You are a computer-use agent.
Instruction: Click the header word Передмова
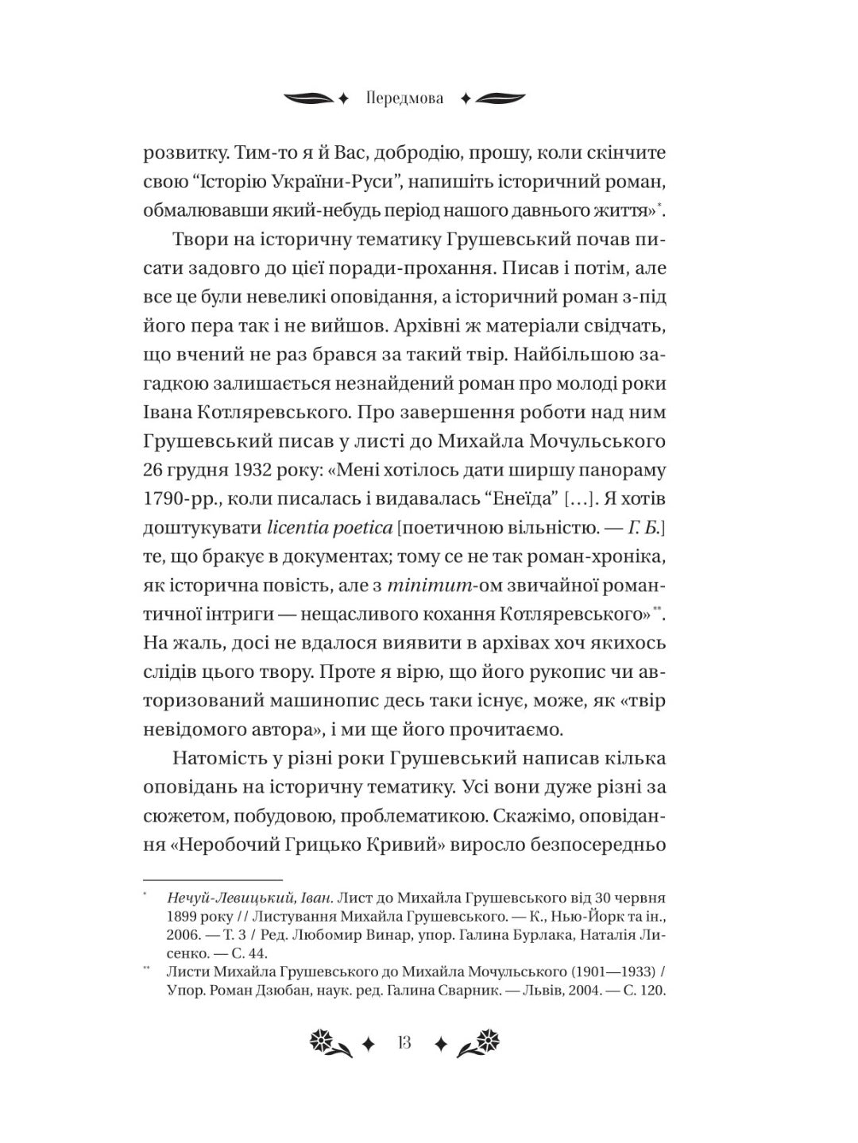tap(405, 99)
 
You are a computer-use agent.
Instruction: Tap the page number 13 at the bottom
tap(404, 1043)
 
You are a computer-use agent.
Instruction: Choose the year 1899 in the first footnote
tap(184, 917)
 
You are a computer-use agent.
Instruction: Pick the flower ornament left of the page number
tap(327, 1044)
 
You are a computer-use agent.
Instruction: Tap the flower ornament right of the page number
tap(481, 1044)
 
